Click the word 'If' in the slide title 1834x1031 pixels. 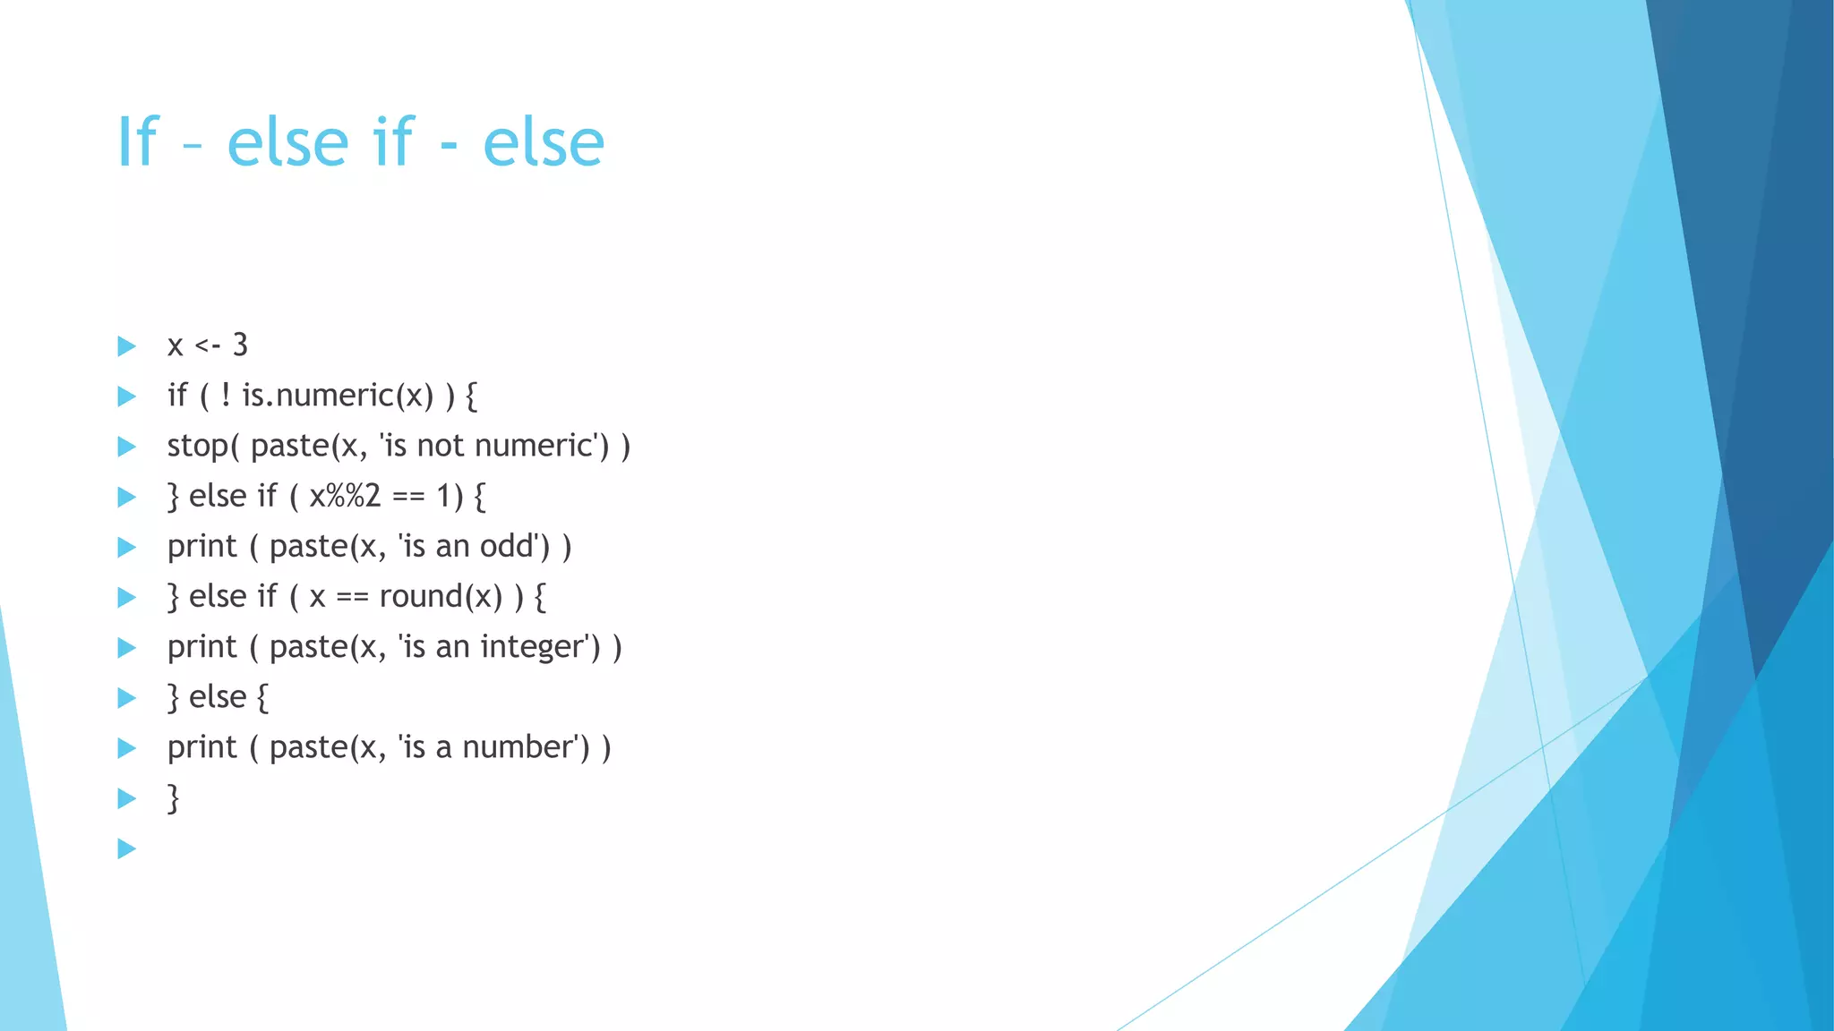click(x=138, y=142)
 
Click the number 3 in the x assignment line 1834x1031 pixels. click(x=240, y=345)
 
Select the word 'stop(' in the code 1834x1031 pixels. click(x=203, y=446)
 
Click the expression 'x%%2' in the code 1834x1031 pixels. click(x=345, y=496)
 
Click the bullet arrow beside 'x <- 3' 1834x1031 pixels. click(x=127, y=346)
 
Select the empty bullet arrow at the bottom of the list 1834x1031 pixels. click(x=127, y=848)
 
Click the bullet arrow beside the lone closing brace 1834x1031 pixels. click(x=127, y=798)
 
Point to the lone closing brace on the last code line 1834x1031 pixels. click(x=174, y=798)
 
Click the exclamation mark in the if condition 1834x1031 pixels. click(x=226, y=395)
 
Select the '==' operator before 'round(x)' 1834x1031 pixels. click(x=352, y=597)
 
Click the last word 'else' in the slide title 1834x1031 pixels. click(x=544, y=142)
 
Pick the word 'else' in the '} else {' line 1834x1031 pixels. click(x=218, y=697)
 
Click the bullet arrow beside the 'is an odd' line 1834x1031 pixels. click(x=127, y=547)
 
